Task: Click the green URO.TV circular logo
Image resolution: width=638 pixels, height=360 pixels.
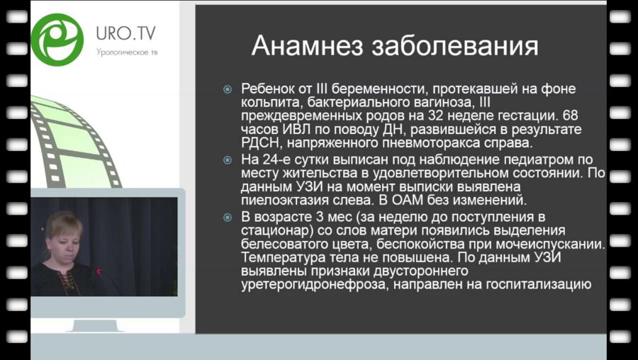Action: click(57, 37)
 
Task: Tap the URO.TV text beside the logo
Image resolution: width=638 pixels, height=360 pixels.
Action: click(126, 33)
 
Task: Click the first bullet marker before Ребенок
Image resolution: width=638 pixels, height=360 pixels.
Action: click(228, 90)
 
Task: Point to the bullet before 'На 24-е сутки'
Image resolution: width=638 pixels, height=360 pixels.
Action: click(228, 159)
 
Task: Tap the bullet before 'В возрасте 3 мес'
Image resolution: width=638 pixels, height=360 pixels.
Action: click(228, 217)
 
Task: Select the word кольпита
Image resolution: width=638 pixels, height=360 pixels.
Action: click(266, 103)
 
